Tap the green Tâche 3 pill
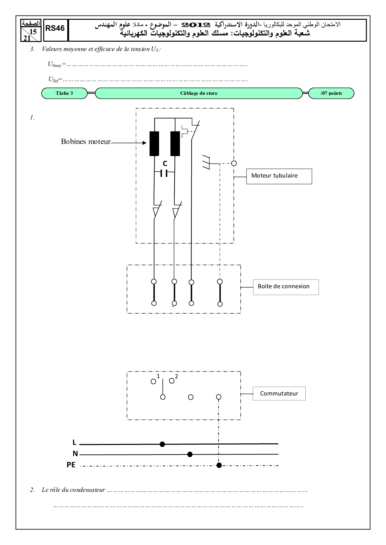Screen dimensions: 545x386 (x=64, y=93)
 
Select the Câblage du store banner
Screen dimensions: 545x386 (x=199, y=93)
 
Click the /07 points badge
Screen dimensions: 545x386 (x=331, y=93)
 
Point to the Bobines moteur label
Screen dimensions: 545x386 (x=86, y=142)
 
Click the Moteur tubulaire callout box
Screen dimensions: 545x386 (x=279, y=176)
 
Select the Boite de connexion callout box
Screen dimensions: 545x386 (x=285, y=287)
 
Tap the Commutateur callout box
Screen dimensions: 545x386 (x=279, y=394)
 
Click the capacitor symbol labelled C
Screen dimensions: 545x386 (x=164, y=173)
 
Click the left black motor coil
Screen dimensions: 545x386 (x=154, y=143)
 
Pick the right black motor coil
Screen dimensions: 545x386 (x=175, y=143)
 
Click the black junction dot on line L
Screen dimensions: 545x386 (x=162, y=444)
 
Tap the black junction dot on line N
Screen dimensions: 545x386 (x=190, y=455)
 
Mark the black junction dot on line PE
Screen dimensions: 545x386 (x=219, y=465)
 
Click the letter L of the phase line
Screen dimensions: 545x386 (x=74, y=442)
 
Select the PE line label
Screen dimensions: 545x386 (x=71, y=465)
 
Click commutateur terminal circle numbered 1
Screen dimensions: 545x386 (x=153, y=381)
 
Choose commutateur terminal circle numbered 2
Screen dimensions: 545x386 (x=172, y=381)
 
